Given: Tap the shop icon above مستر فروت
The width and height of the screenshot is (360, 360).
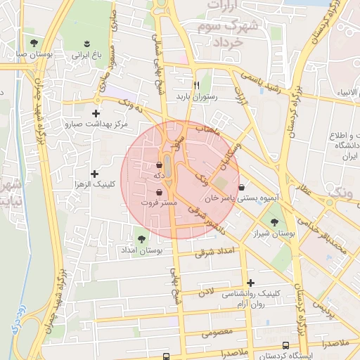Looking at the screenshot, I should [159, 191].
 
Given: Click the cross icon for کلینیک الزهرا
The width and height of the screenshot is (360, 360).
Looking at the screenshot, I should [94, 174].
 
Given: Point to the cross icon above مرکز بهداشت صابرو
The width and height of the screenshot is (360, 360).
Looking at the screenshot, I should [96, 113].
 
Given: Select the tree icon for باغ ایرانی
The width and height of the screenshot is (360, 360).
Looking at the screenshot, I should [87, 43].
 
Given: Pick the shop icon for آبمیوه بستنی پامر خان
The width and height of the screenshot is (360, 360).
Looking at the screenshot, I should [243, 188].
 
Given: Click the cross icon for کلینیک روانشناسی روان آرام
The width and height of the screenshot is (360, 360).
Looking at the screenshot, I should [250, 282].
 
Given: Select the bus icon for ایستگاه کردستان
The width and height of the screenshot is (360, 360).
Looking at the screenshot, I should [285, 345].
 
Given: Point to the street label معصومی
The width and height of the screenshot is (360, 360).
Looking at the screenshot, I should [217, 331].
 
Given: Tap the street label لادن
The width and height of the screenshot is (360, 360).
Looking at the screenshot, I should [205, 292].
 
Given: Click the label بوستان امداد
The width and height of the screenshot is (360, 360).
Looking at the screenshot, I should [141, 250].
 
